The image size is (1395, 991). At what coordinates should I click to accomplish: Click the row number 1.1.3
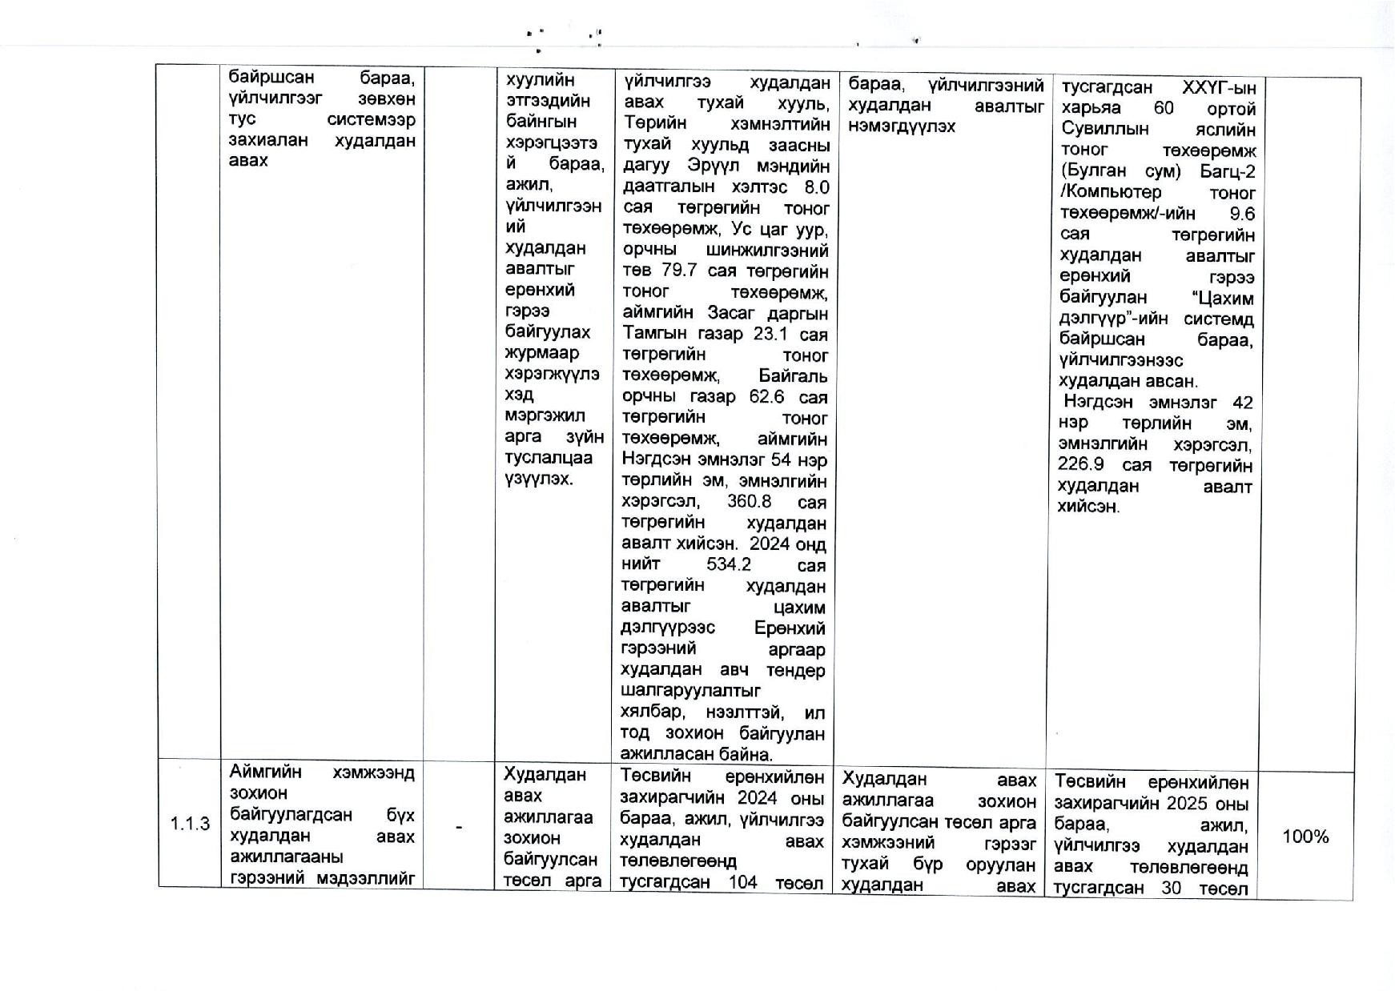coord(190,824)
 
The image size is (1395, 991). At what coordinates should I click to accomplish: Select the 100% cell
coord(1305,837)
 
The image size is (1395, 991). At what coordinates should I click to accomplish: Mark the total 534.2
coord(729,565)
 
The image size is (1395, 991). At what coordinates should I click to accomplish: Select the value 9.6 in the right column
coord(1242,214)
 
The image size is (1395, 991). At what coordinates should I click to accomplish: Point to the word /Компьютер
coord(1111,193)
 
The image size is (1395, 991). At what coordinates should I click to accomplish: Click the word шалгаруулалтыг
coord(691,690)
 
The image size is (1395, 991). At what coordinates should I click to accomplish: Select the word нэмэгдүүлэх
coord(901,126)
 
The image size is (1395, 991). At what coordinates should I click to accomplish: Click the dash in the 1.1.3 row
coord(458,826)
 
